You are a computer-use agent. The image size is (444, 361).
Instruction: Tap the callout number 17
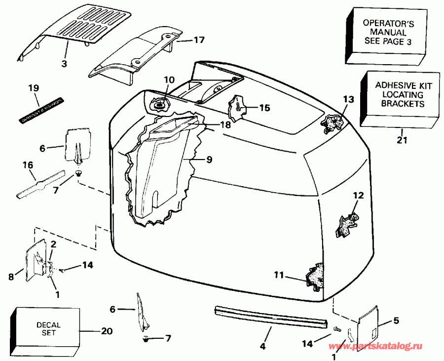(x=199, y=40)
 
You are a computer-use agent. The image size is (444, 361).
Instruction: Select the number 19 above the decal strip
(x=33, y=88)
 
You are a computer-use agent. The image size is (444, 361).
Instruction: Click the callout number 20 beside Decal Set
(x=106, y=331)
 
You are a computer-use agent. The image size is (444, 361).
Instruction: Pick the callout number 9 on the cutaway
(x=209, y=160)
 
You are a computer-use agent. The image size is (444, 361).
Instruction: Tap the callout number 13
(x=348, y=99)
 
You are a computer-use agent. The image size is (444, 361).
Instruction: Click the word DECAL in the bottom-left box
(x=48, y=325)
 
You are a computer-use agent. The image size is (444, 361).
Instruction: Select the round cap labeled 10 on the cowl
(x=159, y=105)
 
